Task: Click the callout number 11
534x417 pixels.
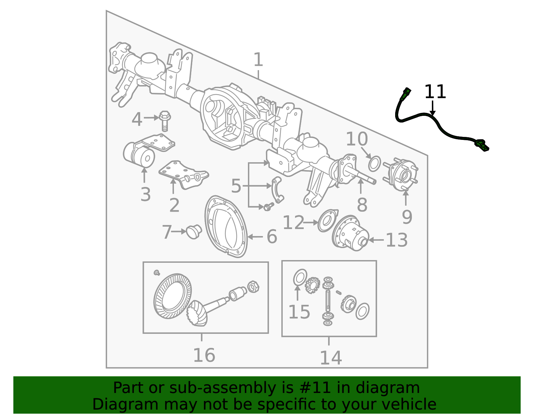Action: [435, 92]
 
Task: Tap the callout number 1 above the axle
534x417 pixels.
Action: [258, 59]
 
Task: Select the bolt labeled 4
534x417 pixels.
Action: [165, 122]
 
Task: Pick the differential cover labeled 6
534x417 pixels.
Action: [226, 226]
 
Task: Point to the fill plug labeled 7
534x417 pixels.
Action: [194, 231]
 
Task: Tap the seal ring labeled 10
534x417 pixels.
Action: [374, 164]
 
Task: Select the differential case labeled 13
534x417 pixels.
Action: [350, 233]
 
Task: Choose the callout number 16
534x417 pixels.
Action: [204, 355]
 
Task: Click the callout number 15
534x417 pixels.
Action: [299, 312]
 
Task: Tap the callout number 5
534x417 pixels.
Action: [236, 186]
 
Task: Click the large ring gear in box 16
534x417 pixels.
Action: [173, 296]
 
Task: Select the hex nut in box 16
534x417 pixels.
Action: [253, 287]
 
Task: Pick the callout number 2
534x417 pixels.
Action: [174, 205]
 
